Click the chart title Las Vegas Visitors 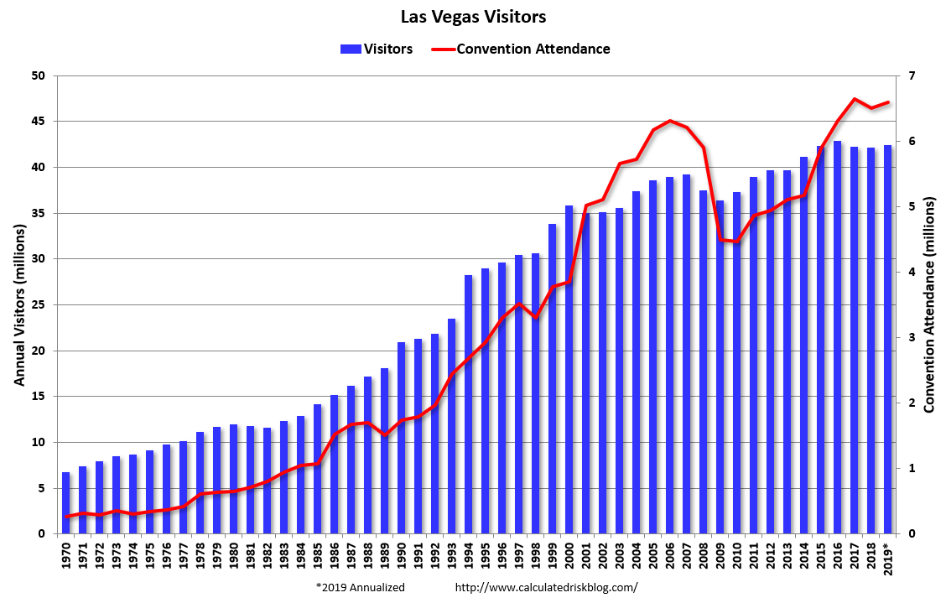click(x=472, y=17)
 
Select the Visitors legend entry click(x=377, y=49)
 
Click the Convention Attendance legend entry click(x=521, y=49)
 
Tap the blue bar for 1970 click(x=66, y=503)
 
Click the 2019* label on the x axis click(x=888, y=557)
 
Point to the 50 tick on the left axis click(x=39, y=75)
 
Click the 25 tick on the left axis click(x=39, y=304)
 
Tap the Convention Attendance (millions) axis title click(x=929, y=304)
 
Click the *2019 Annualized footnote click(x=361, y=588)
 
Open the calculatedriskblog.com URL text click(x=546, y=588)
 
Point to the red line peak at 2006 click(x=669, y=121)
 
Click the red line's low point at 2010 click(x=737, y=242)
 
